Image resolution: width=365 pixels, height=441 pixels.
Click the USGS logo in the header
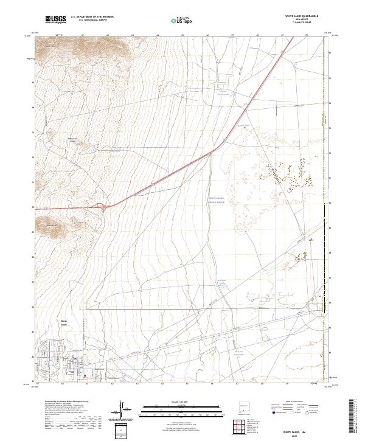[x=56, y=19]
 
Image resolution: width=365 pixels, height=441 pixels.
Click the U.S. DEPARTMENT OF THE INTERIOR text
[x=92, y=17]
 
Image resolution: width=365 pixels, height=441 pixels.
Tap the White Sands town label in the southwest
[x=64, y=322]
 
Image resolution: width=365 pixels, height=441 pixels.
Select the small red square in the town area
[x=85, y=375]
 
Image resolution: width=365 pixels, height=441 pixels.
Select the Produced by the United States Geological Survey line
[x=57, y=401]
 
